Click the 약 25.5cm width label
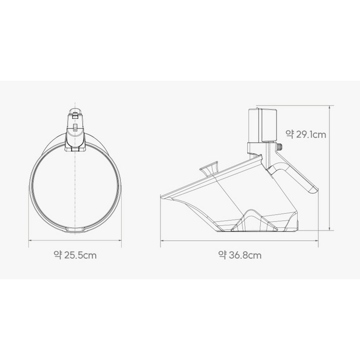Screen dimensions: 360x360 pos(75,255)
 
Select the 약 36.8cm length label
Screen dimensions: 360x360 pos(240,255)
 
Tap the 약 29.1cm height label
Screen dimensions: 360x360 pos(306,134)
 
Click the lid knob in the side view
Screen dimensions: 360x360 pos(209,169)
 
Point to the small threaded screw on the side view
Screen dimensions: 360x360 pos(279,147)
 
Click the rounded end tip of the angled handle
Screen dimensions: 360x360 pos(314,190)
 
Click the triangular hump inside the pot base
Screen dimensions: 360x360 pos(251,219)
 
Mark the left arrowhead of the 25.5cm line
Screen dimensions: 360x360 pos(29,240)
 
